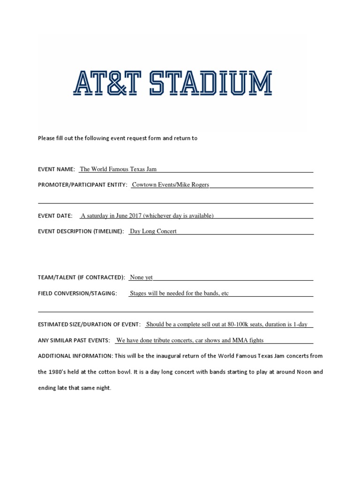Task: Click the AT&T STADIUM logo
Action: pyautogui.click(x=172, y=84)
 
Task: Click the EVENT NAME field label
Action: pyautogui.click(x=56, y=169)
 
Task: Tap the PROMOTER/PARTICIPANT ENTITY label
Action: pyautogui.click(x=82, y=185)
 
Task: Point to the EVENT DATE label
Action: pyautogui.click(x=55, y=216)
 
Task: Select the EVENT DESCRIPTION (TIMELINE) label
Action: pyautogui.click(x=81, y=231)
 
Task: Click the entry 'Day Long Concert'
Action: pyautogui.click(x=153, y=231)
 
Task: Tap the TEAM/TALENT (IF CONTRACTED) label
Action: pyautogui.click(x=82, y=277)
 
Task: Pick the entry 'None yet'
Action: pyautogui.click(x=141, y=277)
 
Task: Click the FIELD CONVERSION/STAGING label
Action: pyautogui.click(x=77, y=293)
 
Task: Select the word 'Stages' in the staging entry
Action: pyautogui.click(x=139, y=293)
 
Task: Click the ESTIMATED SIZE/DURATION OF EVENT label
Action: pyautogui.click(x=89, y=324)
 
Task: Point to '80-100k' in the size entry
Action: pyautogui.click(x=238, y=324)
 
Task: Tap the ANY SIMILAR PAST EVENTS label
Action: pyautogui.click(x=74, y=340)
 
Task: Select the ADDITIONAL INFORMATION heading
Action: pyautogui.click(x=74, y=356)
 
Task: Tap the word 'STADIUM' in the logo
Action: pyautogui.click(x=223, y=84)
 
